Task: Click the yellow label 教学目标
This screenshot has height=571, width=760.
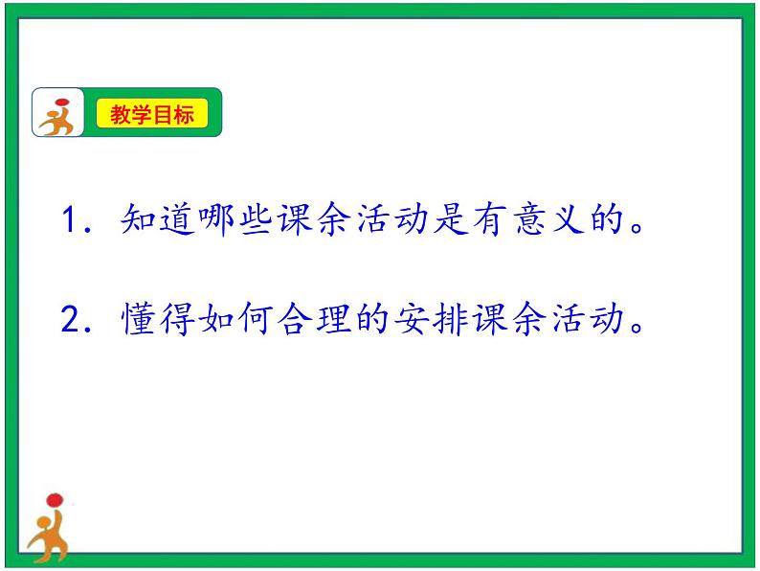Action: point(152,115)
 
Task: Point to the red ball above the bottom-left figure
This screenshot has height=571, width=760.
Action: point(54,499)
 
